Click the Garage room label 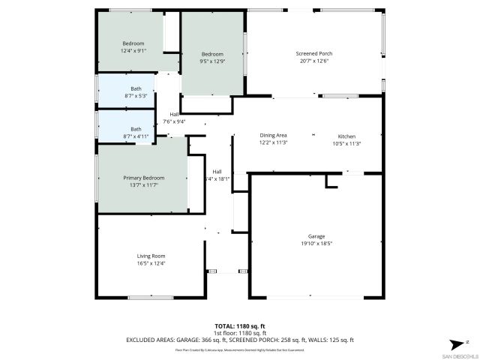click(316, 236)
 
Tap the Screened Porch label click(314, 54)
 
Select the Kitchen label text click(346, 136)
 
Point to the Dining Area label click(273, 136)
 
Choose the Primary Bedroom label click(143, 178)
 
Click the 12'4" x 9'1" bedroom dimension click(133, 51)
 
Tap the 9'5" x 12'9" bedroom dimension click(212, 61)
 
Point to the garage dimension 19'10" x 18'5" click(316, 244)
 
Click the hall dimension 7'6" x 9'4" click(174, 121)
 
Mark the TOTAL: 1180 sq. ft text click(240, 327)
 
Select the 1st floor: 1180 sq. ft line click(240, 334)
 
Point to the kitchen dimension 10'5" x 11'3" click(346, 143)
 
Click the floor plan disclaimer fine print click(240, 349)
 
